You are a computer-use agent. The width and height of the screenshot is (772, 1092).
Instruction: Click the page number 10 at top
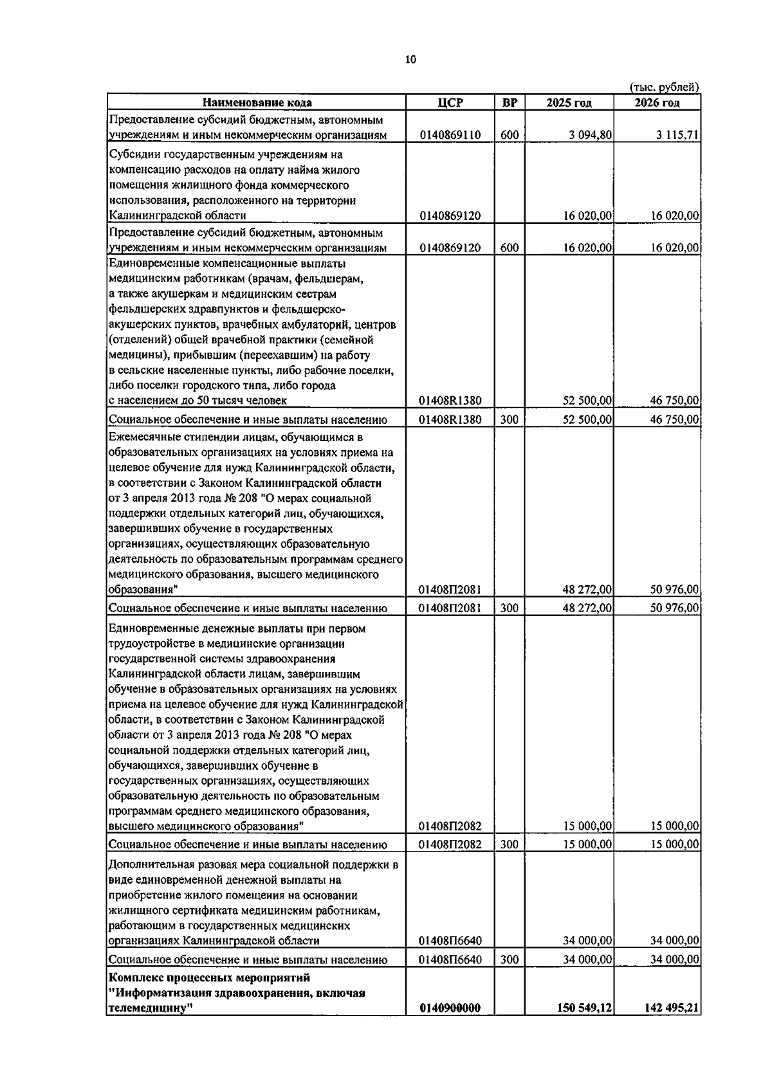click(410, 60)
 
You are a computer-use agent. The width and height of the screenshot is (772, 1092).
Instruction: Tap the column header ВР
click(510, 103)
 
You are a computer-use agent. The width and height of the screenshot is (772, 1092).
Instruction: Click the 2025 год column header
click(569, 103)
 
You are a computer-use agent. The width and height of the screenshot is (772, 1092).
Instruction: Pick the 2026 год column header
click(657, 103)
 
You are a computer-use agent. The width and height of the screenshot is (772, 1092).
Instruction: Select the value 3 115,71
click(677, 135)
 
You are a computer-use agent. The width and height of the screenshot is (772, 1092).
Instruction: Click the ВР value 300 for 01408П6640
click(510, 960)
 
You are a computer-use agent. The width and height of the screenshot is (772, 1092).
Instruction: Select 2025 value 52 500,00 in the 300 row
click(587, 420)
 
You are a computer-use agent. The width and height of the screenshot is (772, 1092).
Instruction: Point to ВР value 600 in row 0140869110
click(510, 135)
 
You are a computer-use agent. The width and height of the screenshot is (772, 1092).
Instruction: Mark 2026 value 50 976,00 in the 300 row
click(674, 608)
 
